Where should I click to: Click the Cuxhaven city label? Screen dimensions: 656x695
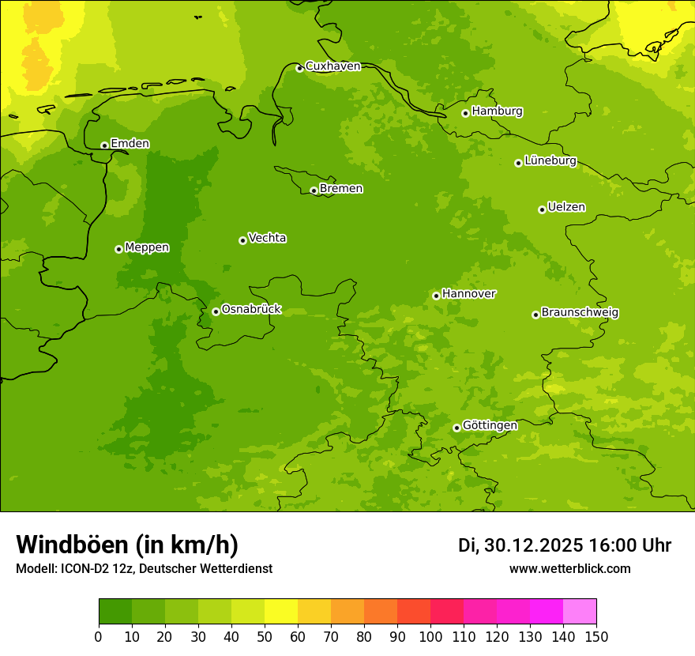coord(332,66)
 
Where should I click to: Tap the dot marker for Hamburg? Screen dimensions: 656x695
coord(465,113)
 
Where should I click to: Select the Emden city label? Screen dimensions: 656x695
coord(130,144)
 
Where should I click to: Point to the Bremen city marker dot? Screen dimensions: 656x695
coord(314,190)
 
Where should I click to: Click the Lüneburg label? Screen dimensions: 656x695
coord(550,161)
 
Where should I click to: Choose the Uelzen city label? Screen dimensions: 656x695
coord(566,208)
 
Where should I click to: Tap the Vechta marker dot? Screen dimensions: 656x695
coord(242,240)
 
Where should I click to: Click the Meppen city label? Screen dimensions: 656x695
coord(147,247)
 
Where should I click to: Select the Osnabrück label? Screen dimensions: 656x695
coord(251,310)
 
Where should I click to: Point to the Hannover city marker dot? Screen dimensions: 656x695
coord(436,296)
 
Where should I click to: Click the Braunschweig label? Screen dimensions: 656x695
coord(580,313)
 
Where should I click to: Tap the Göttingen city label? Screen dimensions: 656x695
coord(490,426)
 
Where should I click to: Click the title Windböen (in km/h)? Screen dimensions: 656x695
coord(127,545)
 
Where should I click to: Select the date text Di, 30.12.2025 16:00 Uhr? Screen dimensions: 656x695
coord(564,545)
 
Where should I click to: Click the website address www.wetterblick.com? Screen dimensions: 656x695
coord(569,569)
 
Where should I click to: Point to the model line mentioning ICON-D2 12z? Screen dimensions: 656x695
coord(144,569)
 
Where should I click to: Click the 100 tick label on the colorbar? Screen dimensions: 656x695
coord(430,636)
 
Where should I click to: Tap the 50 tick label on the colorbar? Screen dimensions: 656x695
coord(265,636)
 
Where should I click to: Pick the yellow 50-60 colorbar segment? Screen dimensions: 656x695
coord(281,612)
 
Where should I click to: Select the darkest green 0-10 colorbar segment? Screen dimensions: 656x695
coord(115,612)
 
